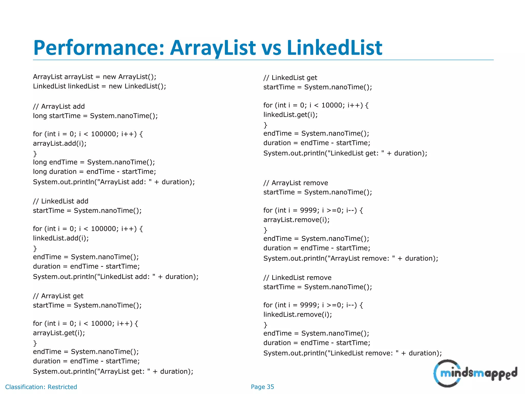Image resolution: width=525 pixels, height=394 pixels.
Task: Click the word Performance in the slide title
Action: pyautogui.click(x=99, y=48)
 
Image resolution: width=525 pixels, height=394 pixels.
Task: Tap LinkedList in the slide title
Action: pyautogui.click(x=335, y=48)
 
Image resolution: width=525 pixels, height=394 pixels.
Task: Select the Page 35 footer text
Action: pyautogui.click(x=262, y=387)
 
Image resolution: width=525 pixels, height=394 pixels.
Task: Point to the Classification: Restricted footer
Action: pyautogui.click(x=41, y=387)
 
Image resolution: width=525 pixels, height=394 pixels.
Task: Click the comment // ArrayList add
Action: pyautogui.click(x=59, y=106)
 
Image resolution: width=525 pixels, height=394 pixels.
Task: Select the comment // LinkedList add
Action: pyautogui.click(x=60, y=201)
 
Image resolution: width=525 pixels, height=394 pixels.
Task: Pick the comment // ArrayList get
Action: pyautogui.click(x=58, y=296)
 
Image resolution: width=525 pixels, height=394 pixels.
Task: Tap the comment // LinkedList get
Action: pyautogui.click(x=290, y=78)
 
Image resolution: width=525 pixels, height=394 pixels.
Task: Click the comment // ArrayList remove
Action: pyautogui.click(x=296, y=183)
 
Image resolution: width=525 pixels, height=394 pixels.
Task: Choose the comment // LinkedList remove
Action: pyautogui.click(x=297, y=278)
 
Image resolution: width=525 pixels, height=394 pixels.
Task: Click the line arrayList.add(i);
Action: pyautogui.click(x=60, y=143)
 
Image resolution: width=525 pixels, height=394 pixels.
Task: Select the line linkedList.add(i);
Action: pyautogui.click(x=61, y=238)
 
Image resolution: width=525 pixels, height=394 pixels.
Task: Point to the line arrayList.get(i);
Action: pyautogui.click(x=59, y=333)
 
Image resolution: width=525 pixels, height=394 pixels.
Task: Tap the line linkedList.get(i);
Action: pyautogui.click(x=290, y=115)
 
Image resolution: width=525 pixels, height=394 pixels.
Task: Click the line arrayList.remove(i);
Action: pyautogui.click(x=296, y=220)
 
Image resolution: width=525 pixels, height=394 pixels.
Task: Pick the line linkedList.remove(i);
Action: pyautogui.click(x=298, y=314)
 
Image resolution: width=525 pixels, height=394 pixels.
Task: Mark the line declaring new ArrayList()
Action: pyautogui.click(x=95, y=77)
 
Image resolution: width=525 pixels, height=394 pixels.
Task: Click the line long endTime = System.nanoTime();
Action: pyautogui.click(x=94, y=162)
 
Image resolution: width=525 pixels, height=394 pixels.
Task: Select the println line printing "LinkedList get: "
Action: pyautogui.click(x=345, y=153)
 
